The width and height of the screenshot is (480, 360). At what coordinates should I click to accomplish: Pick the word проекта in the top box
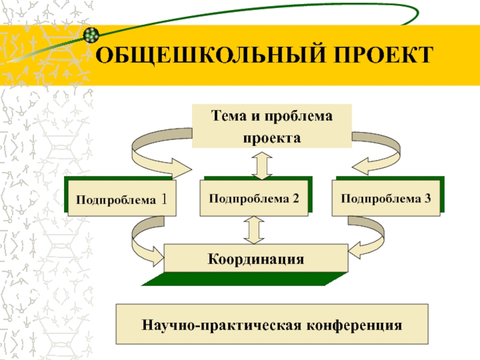pyautogui.click(x=271, y=137)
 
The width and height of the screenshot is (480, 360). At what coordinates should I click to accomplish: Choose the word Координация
pyautogui.click(x=256, y=259)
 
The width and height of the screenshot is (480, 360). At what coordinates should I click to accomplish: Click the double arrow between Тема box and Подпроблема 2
pyautogui.click(x=262, y=163)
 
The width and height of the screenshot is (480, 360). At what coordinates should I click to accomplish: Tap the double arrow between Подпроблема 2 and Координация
pyautogui.click(x=255, y=229)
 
